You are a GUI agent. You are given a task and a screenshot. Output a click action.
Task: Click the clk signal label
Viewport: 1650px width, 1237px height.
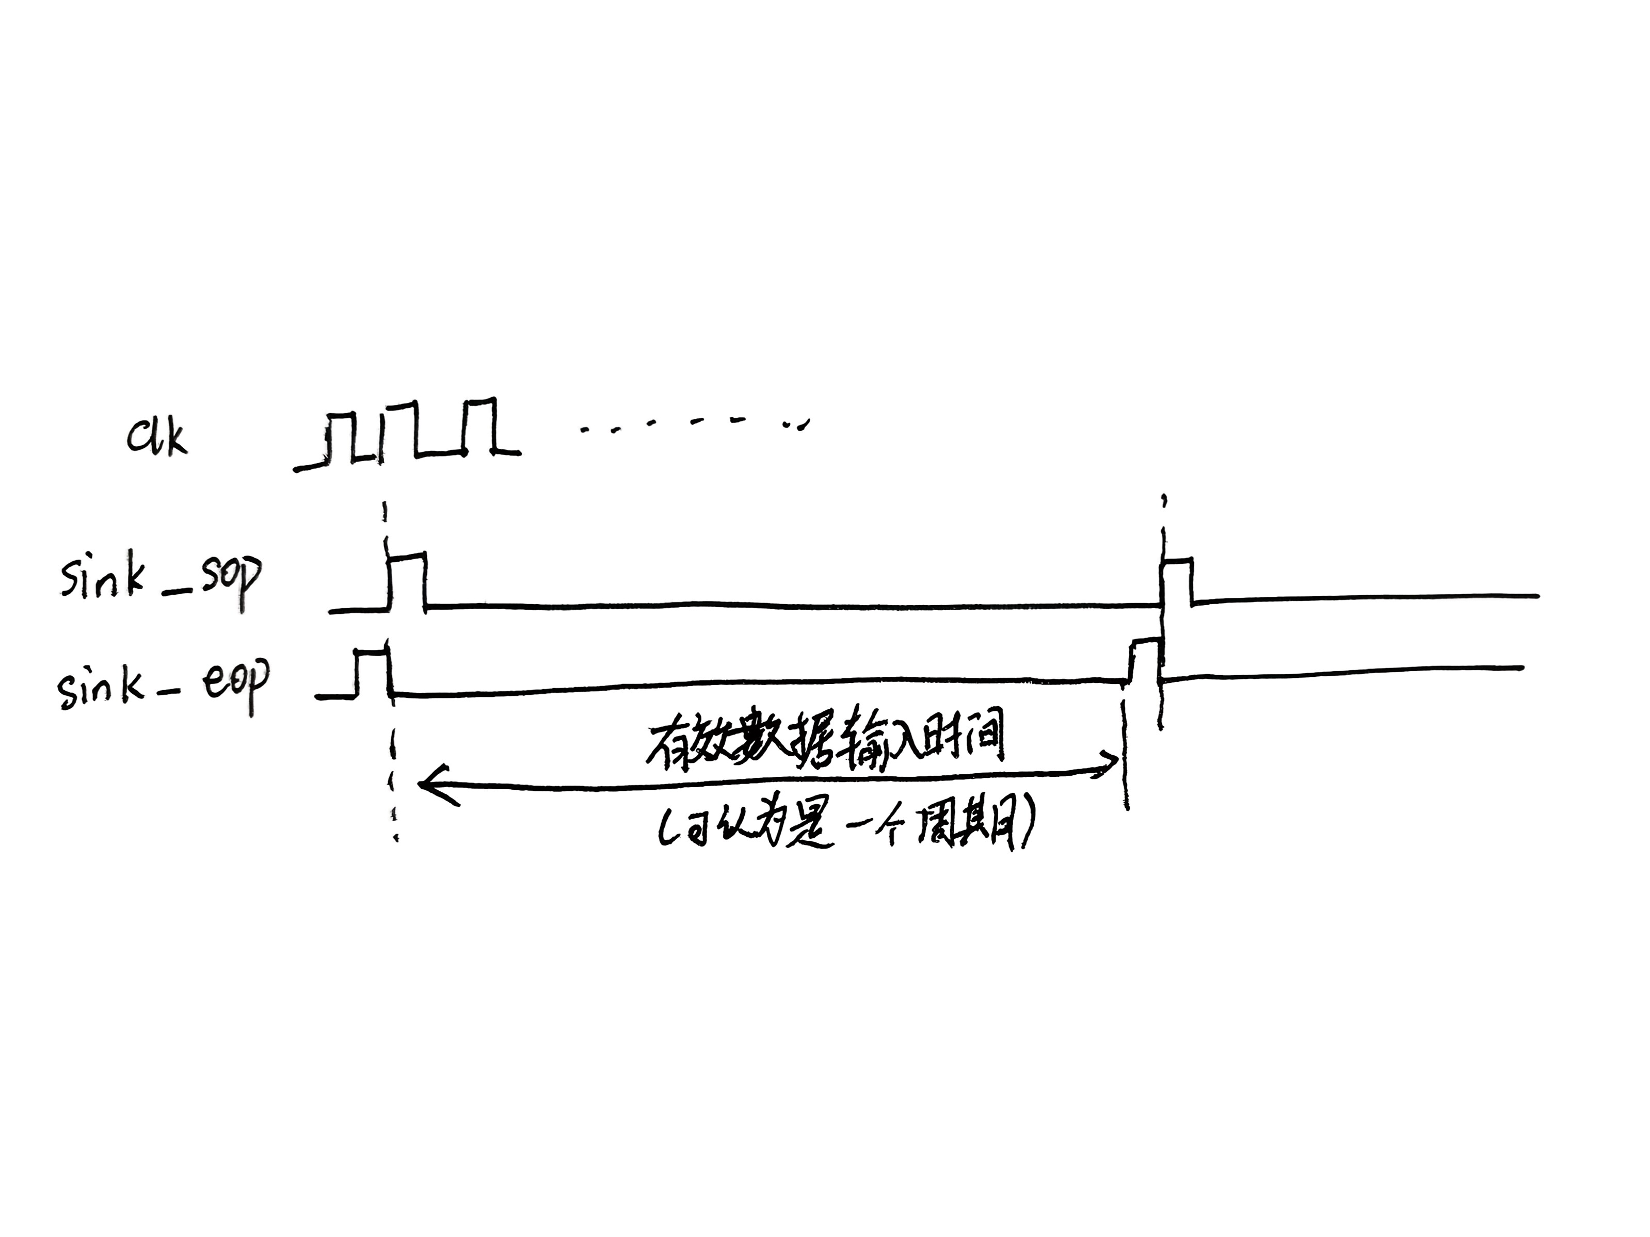pos(157,436)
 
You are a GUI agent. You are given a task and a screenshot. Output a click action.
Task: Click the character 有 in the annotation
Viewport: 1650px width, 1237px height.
pos(668,745)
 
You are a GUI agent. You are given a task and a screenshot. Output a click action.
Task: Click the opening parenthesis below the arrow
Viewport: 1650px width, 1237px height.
pos(664,827)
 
